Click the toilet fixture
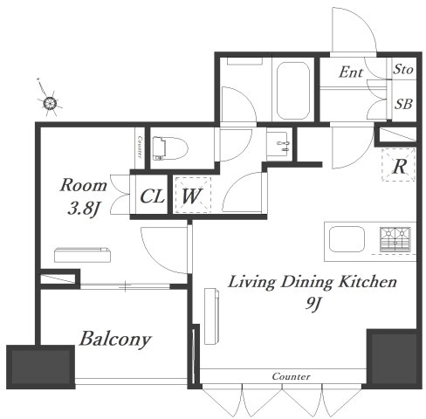[170, 148]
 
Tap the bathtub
[292, 91]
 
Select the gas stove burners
[395, 239]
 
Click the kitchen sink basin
[347, 239]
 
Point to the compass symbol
[50, 102]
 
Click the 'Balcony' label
[115, 340]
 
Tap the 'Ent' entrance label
[351, 72]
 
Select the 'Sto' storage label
[403, 70]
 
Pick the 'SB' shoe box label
[403, 104]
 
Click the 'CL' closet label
[152, 196]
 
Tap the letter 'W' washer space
[192, 196]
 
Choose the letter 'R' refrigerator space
[399, 167]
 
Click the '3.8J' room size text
[85, 208]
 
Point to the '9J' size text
[313, 304]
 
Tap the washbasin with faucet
[279, 145]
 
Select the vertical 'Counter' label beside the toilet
[140, 147]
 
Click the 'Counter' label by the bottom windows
[291, 376]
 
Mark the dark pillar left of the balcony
[41, 367]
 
